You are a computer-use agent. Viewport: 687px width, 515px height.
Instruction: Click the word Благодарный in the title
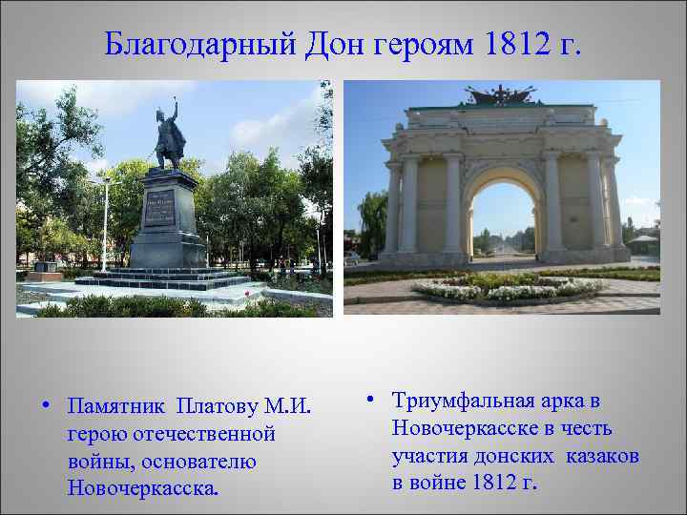pos(201,43)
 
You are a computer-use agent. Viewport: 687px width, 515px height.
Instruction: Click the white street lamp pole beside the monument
pos(104,224)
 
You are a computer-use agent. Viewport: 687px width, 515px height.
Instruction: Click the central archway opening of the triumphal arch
pos(502,215)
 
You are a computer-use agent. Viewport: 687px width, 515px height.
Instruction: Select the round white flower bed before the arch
pos(506,287)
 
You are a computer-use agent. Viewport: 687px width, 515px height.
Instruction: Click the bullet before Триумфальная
pos(368,402)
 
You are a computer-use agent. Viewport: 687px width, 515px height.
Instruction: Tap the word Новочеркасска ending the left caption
pos(142,488)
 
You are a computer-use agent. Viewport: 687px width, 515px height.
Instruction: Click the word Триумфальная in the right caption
pos(466,402)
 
